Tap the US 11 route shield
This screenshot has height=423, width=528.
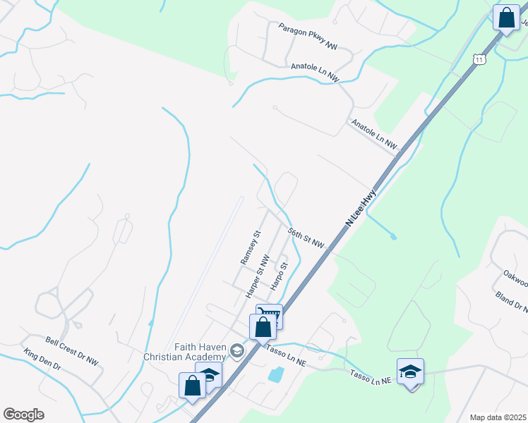(x=479, y=61)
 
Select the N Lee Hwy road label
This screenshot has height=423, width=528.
(x=362, y=205)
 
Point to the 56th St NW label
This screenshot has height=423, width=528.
(x=306, y=238)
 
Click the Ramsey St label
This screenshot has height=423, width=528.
(x=251, y=247)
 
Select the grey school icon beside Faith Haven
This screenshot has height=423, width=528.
(x=237, y=351)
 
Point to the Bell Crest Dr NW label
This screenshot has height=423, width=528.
(x=72, y=350)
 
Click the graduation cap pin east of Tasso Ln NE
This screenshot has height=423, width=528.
(x=410, y=372)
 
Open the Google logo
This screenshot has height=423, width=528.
(x=24, y=415)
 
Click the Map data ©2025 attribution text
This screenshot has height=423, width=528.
(x=497, y=417)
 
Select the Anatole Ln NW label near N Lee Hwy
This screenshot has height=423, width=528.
(x=374, y=134)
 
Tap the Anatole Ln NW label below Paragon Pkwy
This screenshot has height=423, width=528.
(x=315, y=72)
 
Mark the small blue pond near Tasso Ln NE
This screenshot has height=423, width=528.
(x=276, y=374)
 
